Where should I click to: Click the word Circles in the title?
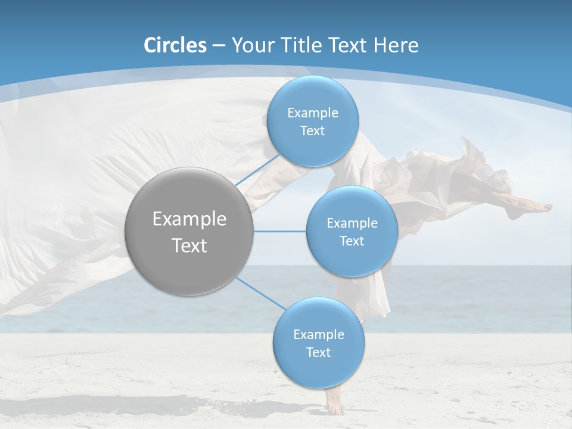tap(175, 45)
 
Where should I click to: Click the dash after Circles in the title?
tap(219, 46)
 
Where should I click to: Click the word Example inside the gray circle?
tap(189, 219)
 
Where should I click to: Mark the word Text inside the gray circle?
tap(189, 245)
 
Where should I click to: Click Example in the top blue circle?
tap(312, 113)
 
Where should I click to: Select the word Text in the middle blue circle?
tap(352, 241)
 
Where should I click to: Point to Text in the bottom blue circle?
tap(318, 352)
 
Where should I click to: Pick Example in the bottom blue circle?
tap(318, 334)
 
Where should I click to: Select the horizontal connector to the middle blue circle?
tap(279, 231)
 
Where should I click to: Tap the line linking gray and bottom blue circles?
tap(260, 293)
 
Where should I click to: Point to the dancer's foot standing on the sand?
tap(335, 406)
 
